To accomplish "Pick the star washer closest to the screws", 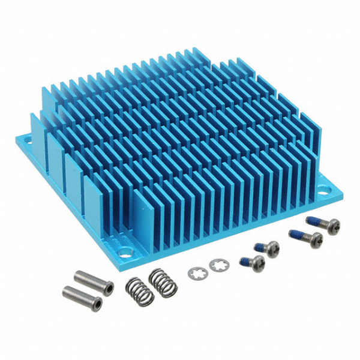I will (214, 264).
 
